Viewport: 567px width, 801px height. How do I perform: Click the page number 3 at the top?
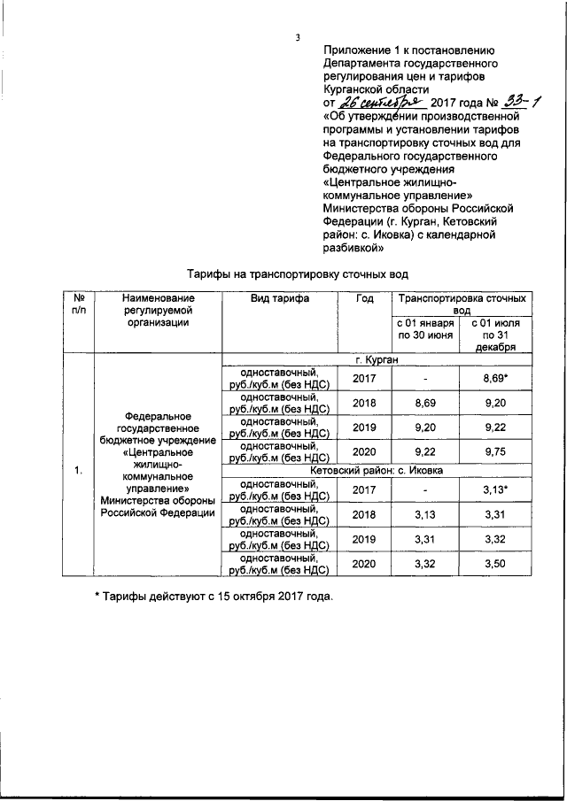(299, 36)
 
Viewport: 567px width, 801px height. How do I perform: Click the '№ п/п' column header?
(78, 304)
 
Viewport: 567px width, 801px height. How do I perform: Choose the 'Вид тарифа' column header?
(279, 298)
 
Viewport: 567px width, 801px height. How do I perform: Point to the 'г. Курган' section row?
(376, 360)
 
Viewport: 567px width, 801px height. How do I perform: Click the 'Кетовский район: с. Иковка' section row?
(376, 470)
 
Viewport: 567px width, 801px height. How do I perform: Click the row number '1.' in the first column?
(78, 470)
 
